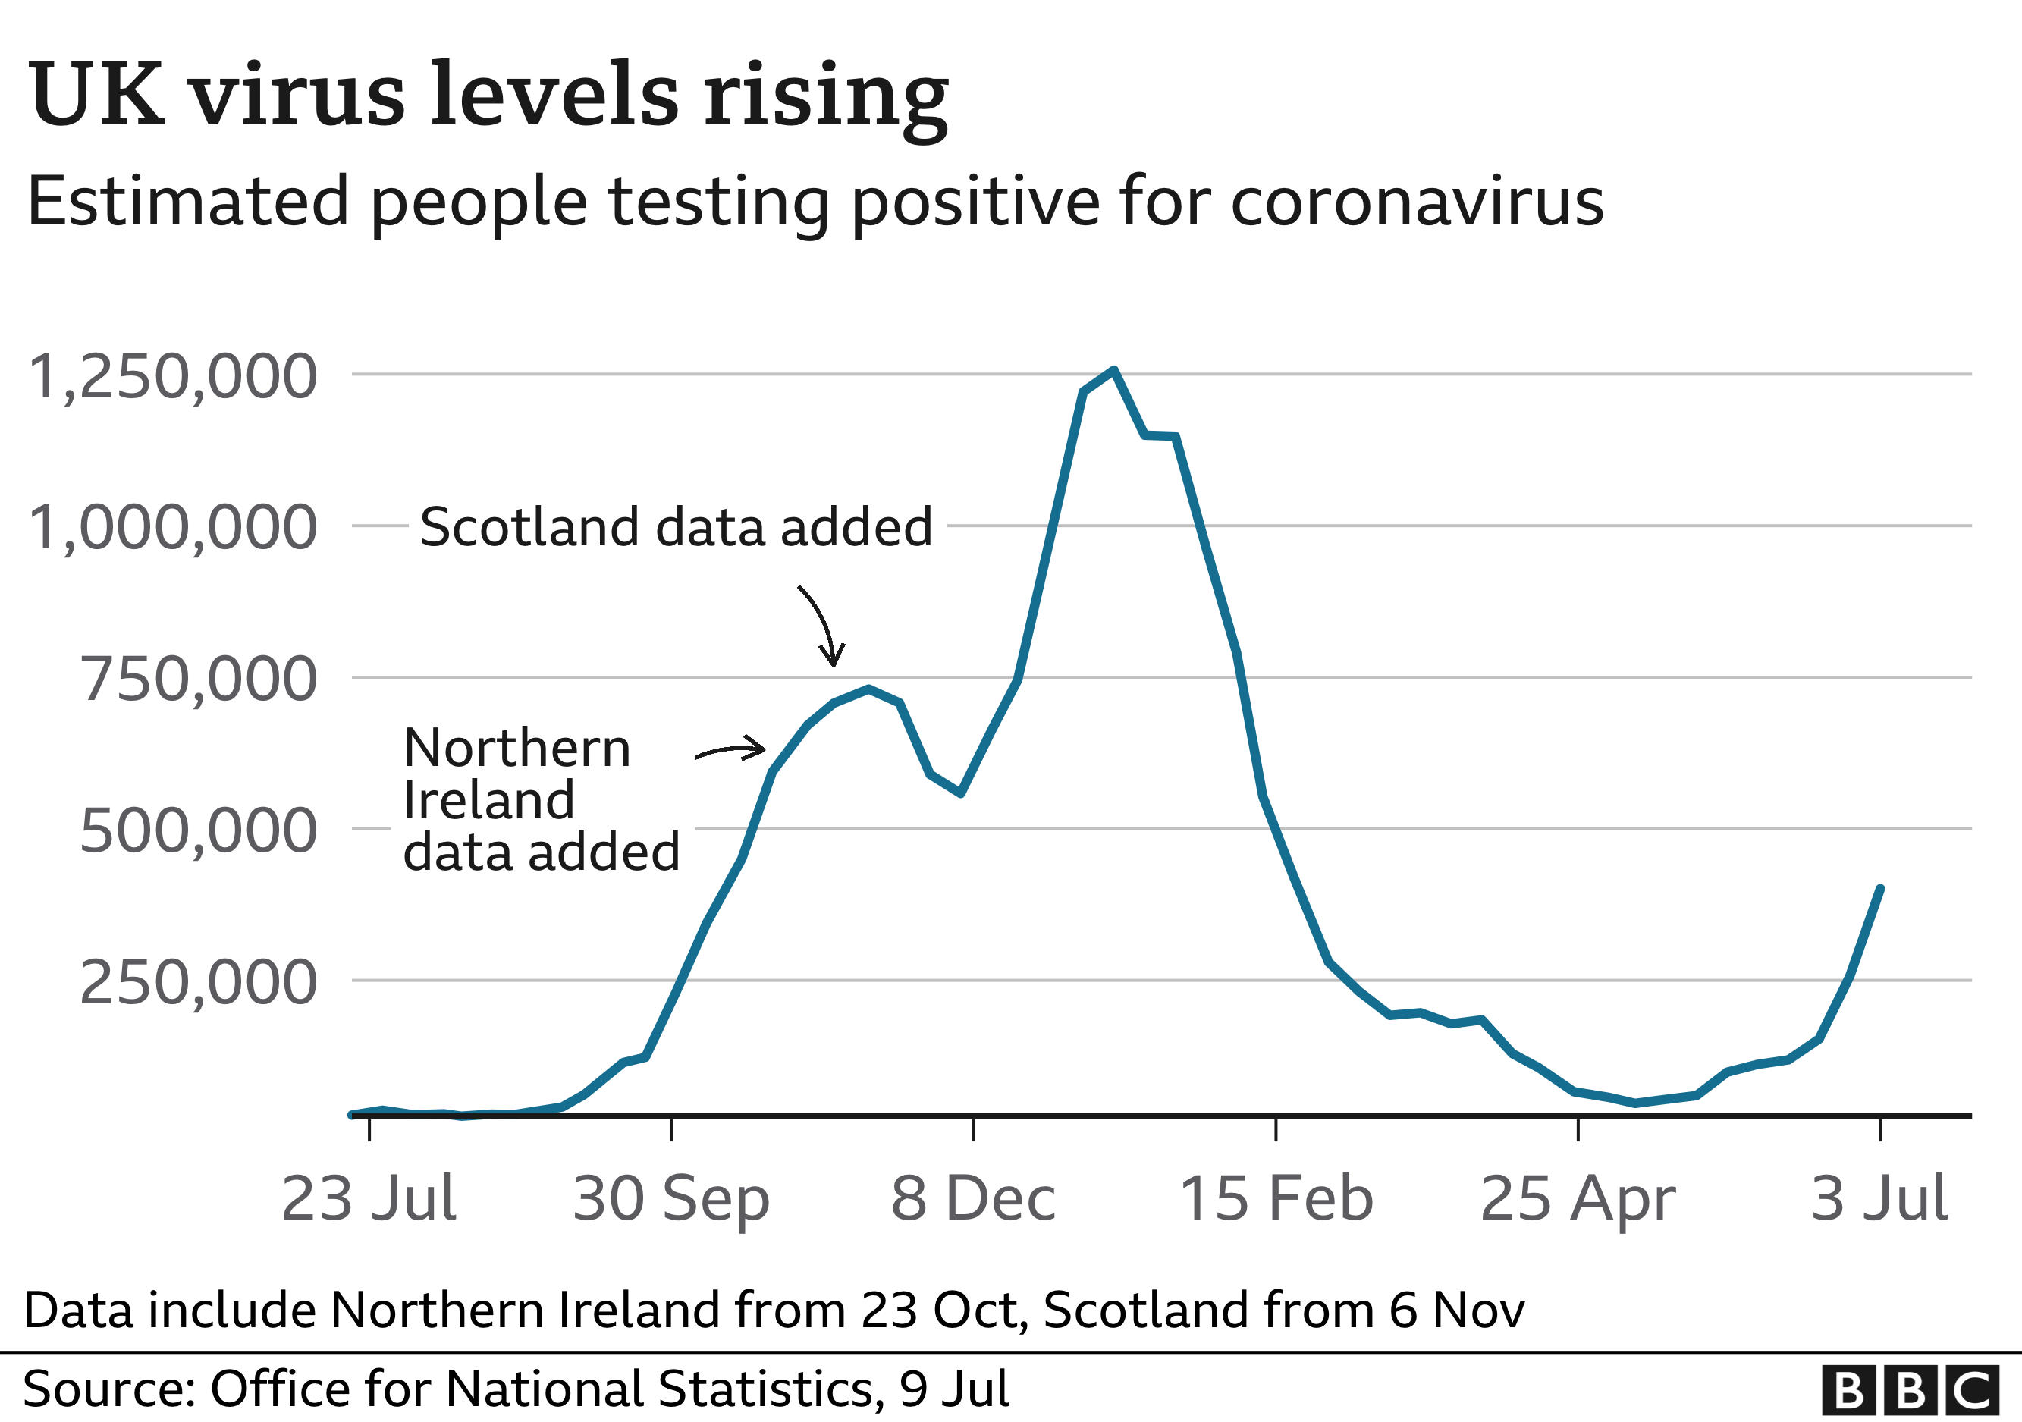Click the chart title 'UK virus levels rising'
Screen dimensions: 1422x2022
(488, 95)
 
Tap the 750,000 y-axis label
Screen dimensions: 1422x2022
(198, 680)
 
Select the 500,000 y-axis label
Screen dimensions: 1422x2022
(198, 831)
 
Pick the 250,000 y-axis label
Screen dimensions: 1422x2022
(198, 983)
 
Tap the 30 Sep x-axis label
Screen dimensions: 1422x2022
(671, 1199)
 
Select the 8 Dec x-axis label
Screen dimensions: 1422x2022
(973, 1199)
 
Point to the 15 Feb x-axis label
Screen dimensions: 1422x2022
(1276, 1199)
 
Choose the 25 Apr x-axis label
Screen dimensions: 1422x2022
(1578, 1199)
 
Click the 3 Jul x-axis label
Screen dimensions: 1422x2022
(1879, 1199)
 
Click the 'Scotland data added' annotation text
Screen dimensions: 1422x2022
(677, 527)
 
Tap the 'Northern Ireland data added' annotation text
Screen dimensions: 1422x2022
(541, 799)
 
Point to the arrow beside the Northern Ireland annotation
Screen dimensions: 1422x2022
(731, 750)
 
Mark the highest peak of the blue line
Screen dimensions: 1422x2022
(1114, 371)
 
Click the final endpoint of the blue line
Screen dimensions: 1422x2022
(1880, 888)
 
